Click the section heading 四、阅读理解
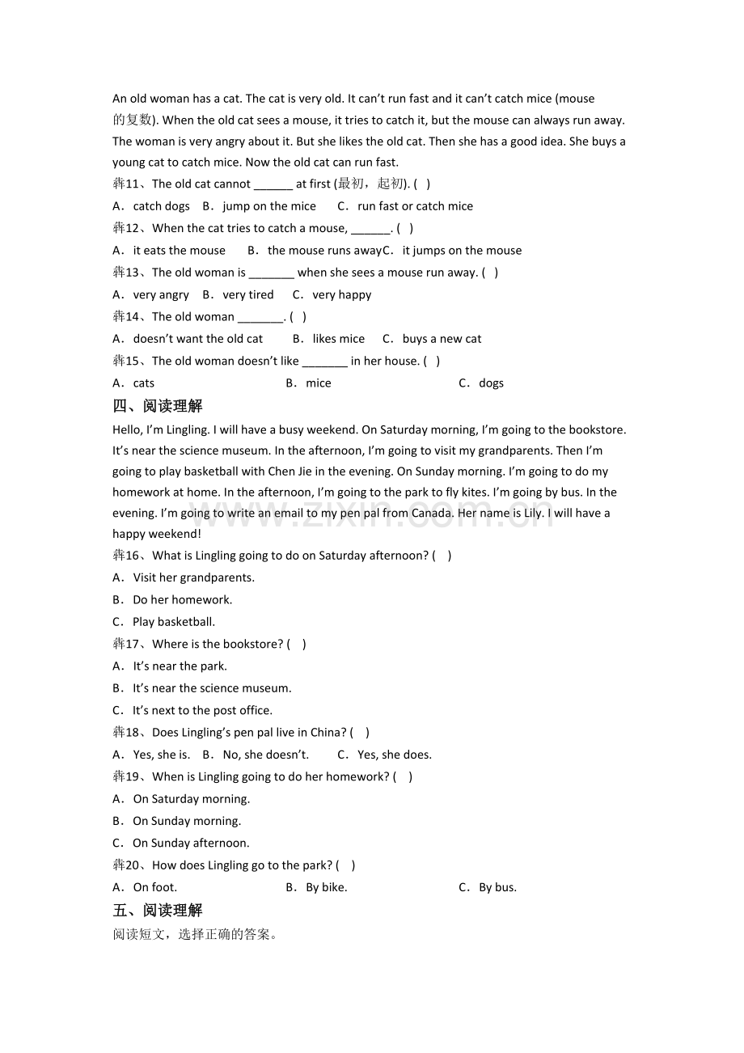158,406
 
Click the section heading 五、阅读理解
158,911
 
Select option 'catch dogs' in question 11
161,206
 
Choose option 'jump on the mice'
268,206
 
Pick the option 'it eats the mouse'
179,251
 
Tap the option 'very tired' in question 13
247,295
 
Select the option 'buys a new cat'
442,339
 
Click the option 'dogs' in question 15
491,383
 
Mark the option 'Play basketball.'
173,622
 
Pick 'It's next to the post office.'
202,710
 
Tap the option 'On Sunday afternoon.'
191,843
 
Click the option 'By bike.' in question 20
326,887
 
